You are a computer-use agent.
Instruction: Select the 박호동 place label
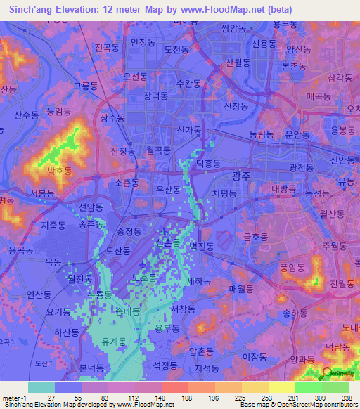(x=60, y=171)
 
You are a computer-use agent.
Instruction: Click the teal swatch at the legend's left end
(x=41, y=387)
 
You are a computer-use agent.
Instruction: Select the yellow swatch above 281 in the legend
(x=281, y=387)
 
